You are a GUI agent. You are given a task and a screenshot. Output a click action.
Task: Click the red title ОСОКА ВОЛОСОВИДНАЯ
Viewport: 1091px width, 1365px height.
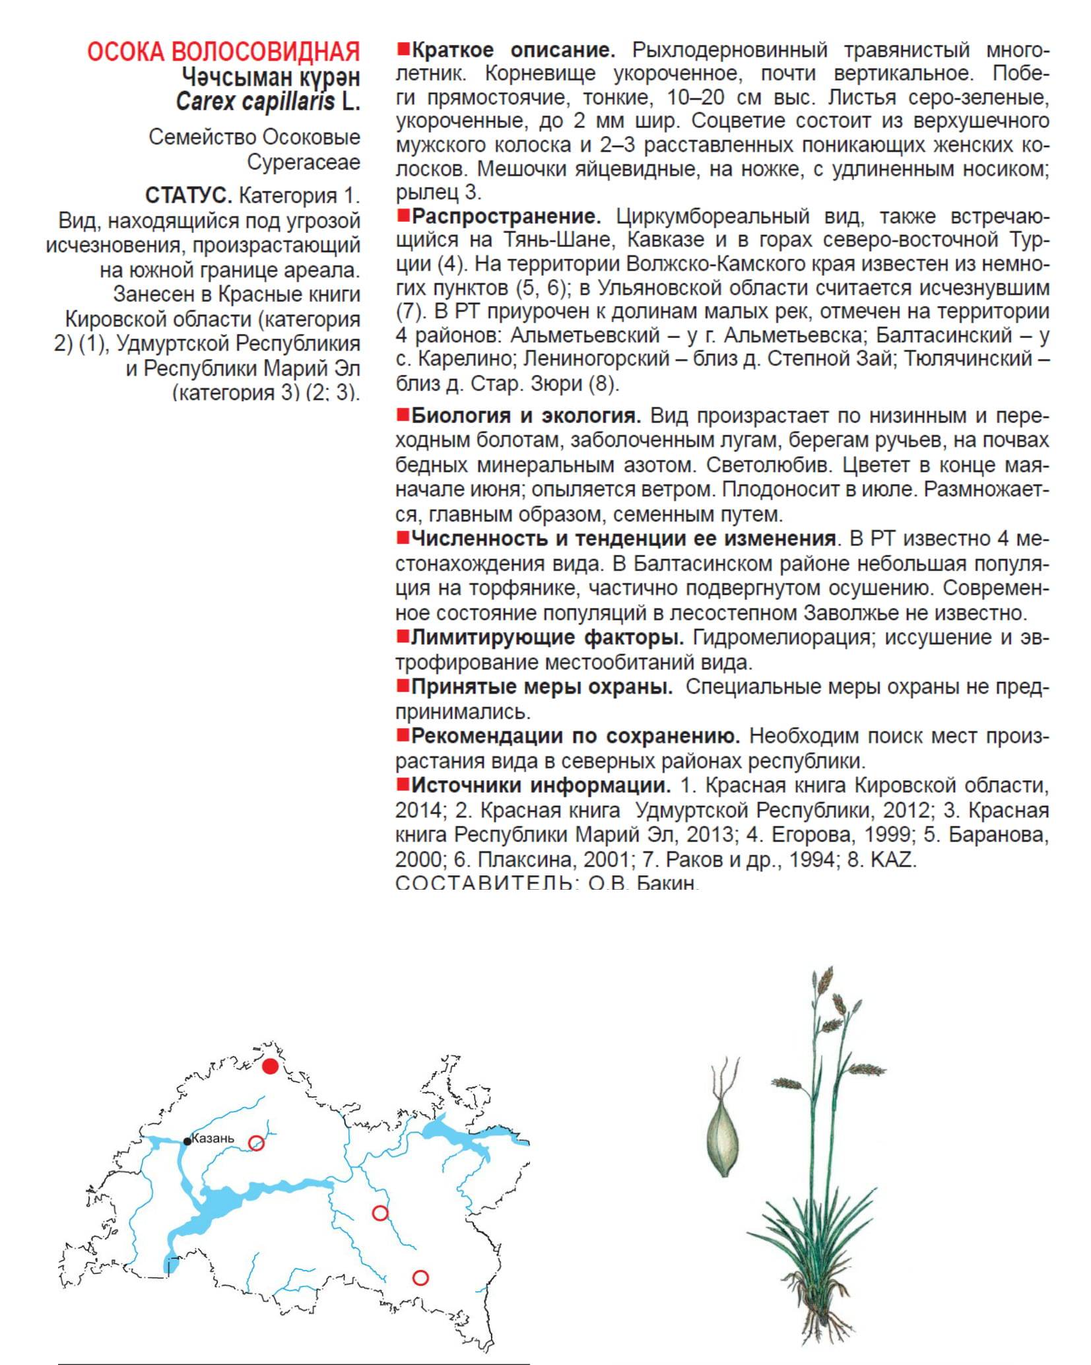coord(223,52)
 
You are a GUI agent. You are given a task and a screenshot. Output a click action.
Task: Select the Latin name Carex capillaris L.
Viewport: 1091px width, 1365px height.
coord(267,102)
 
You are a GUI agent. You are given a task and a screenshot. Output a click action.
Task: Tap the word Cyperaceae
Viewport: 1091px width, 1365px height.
coord(304,162)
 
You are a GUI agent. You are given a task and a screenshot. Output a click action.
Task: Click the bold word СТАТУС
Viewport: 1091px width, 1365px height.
coord(188,195)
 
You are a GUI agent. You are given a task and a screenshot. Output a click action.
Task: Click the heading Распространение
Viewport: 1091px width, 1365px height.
coord(506,216)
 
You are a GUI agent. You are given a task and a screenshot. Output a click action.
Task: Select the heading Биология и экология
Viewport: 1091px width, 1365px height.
coord(525,416)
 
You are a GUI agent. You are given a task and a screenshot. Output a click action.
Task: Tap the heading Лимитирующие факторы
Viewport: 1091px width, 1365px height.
coord(546,638)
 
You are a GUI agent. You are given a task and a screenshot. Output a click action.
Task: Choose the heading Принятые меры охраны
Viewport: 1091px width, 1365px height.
coord(541,687)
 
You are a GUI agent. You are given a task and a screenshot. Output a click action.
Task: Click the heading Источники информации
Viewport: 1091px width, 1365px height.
coord(541,785)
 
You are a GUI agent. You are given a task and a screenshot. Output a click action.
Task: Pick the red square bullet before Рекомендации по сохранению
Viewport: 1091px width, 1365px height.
coord(402,735)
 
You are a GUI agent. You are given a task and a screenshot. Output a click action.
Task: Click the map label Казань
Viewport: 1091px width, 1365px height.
coord(213,1138)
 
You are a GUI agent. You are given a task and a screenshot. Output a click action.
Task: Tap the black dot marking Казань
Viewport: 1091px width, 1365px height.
coord(187,1141)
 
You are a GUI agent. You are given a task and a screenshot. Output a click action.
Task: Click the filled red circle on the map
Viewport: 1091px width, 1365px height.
coord(270,1067)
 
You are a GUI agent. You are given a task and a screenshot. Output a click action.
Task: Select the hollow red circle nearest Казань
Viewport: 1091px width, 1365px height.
coord(256,1143)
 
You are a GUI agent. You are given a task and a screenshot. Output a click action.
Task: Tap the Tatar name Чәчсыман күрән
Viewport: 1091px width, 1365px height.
coord(271,78)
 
